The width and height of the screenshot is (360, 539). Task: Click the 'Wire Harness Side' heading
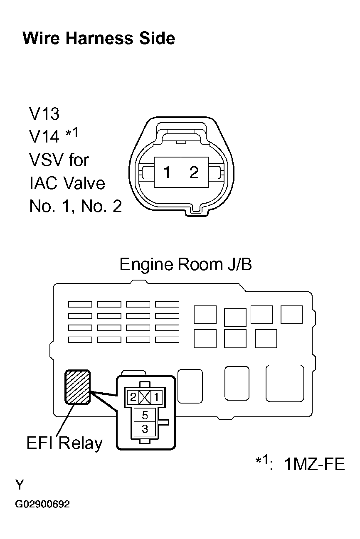[99, 39]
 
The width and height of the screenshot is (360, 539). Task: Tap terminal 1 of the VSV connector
[168, 172]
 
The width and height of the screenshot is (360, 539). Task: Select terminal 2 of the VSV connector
[195, 172]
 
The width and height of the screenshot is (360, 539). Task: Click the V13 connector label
[44, 113]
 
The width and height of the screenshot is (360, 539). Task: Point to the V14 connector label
[44, 136]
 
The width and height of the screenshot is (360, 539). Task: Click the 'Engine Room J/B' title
[185, 264]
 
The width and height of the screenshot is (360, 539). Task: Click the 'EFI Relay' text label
[64, 443]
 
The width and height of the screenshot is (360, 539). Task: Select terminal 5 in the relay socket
[145, 415]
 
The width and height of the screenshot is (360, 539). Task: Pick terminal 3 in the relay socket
[145, 428]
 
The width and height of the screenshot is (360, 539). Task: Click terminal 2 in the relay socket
[133, 397]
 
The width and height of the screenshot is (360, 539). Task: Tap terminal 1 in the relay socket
[156, 397]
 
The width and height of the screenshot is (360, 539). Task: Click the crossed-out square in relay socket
[145, 397]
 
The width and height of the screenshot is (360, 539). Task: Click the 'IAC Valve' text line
[67, 183]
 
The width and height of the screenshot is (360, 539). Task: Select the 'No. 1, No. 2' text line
[75, 206]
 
